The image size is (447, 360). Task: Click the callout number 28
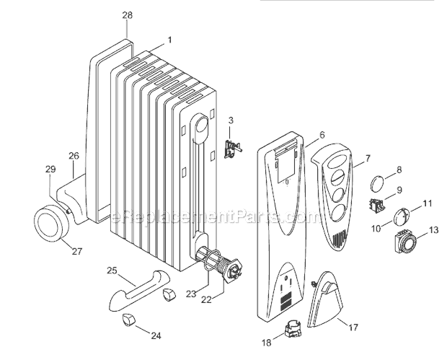(127, 15)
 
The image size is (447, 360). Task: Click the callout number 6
(322, 135)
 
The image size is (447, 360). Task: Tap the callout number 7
(368, 158)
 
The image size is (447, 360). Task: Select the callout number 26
(74, 155)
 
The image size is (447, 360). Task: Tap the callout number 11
(427, 204)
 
